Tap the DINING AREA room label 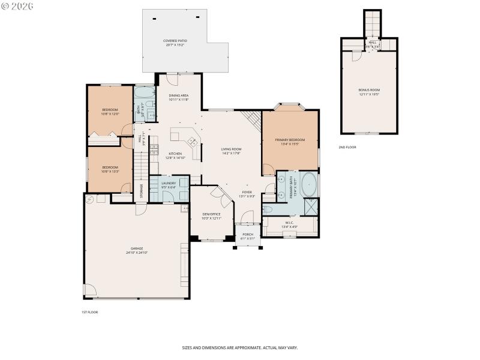tap(179, 95)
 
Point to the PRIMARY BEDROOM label tap(290, 140)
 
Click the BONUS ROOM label tap(369, 90)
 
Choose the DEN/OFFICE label tap(212, 214)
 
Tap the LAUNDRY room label tap(168, 182)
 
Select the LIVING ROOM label tap(231, 149)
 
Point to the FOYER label tap(247, 192)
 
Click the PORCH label tap(248, 234)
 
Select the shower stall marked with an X tap(311, 206)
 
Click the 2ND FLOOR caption tap(347, 147)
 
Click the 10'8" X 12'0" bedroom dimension tap(110, 114)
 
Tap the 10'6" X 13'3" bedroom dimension tap(110, 171)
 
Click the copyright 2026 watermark tap(17, 6)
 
